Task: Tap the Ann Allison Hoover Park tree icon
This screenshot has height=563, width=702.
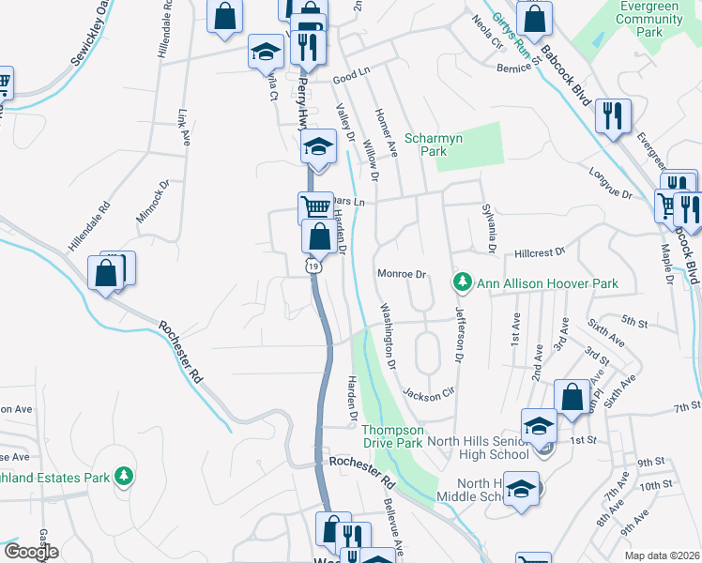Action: click(462, 281)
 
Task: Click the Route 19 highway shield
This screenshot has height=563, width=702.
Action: click(311, 267)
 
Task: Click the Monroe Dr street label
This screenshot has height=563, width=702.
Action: click(402, 275)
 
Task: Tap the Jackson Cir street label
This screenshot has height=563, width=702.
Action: click(428, 395)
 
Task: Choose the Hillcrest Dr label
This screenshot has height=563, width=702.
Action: click(541, 253)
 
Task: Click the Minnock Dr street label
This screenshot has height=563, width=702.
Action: click(151, 203)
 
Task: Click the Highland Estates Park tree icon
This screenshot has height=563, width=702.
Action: click(123, 477)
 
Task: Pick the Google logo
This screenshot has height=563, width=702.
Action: click(31, 552)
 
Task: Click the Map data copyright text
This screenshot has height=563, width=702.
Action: click(662, 555)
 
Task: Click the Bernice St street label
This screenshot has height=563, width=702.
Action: click(514, 68)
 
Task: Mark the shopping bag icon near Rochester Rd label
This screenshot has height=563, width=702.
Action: click(106, 274)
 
